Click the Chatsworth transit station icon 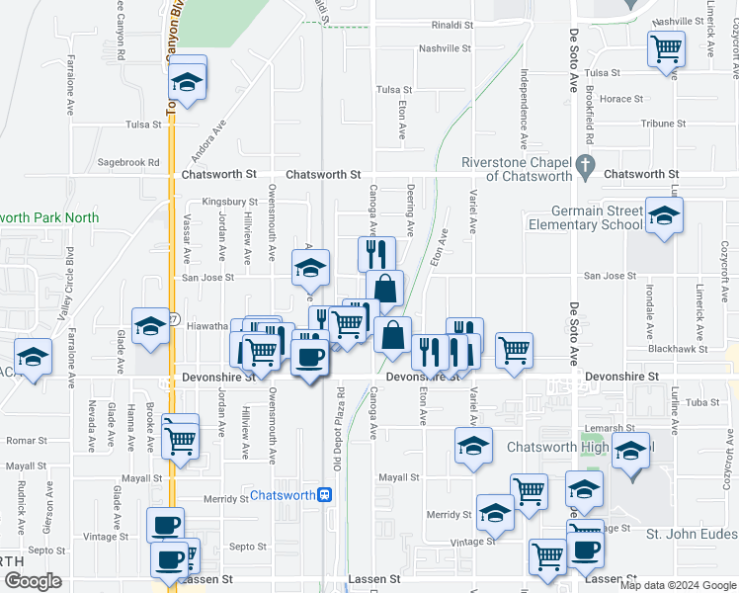tap(324, 495)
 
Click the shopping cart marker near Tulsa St tap(667, 47)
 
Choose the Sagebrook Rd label tap(128, 162)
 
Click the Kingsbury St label tap(222, 202)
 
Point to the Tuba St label tap(702, 402)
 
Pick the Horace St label tap(622, 99)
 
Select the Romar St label tap(28, 439)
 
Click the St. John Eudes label tap(692, 534)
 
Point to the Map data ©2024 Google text tap(678, 585)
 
